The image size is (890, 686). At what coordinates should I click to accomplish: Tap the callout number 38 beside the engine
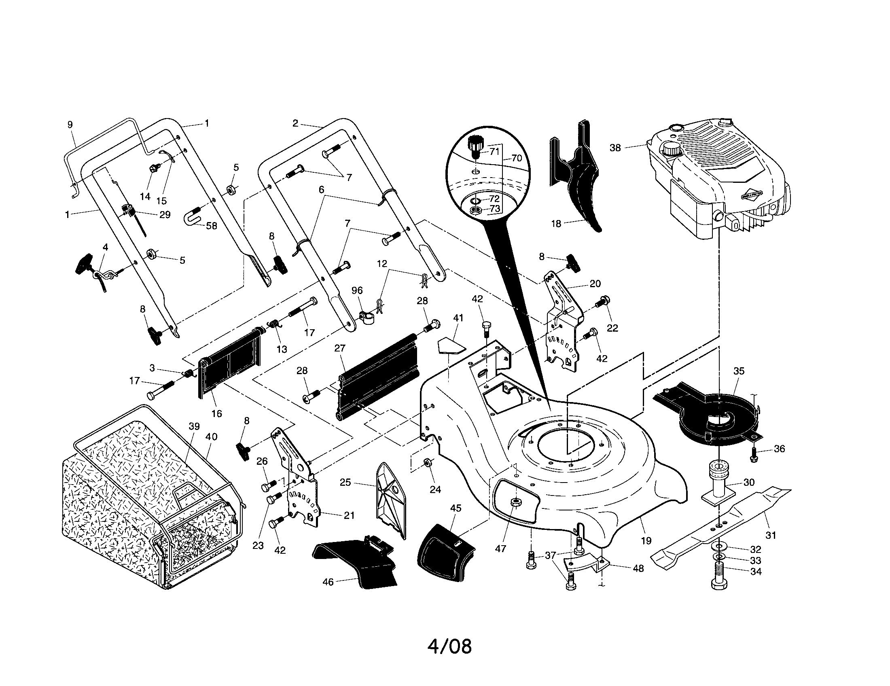coord(615,148)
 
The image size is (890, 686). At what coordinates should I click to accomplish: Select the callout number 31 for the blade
coord(770,535)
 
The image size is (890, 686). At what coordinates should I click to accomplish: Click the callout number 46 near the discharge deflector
coord(328,582)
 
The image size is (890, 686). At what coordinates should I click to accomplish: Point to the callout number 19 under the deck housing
coord(646,540)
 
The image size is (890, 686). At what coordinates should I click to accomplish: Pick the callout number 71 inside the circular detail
coord(494,152)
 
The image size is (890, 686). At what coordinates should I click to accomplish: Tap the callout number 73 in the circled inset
coord(494,209)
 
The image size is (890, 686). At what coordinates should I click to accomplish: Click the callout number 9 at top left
coord(70,125)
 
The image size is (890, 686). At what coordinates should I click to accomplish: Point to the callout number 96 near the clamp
coord(357,290)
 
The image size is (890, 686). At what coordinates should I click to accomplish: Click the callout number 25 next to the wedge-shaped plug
coord(345,482)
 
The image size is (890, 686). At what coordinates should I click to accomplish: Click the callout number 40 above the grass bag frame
coord(211,437)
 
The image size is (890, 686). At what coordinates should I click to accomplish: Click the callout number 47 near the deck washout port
coord(500,549)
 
